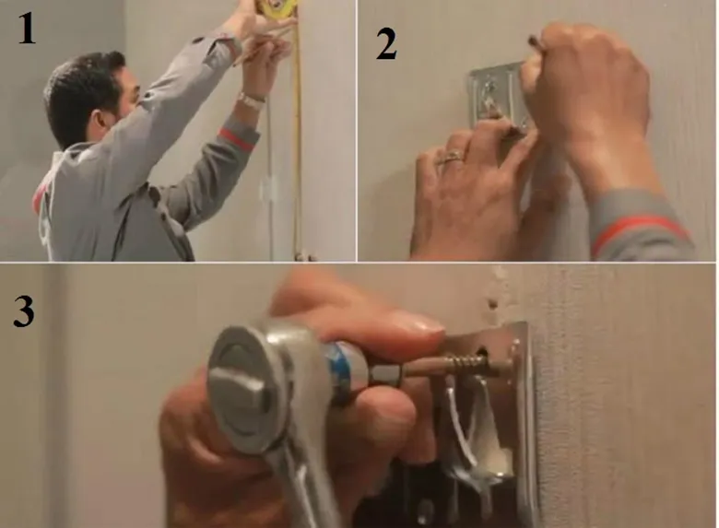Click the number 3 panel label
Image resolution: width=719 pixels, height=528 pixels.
[24, 311]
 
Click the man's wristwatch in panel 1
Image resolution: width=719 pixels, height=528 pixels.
[250, 100]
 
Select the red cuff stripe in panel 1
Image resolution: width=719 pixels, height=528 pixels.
[237, 138]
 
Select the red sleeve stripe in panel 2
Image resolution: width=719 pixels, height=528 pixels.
[641, 230]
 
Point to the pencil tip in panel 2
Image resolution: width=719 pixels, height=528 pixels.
[532, 40]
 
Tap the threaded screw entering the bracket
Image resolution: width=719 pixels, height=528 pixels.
[475, 366]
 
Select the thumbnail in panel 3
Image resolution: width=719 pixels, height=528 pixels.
[417, 322]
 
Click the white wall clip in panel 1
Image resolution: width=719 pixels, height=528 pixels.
[267, 188]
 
